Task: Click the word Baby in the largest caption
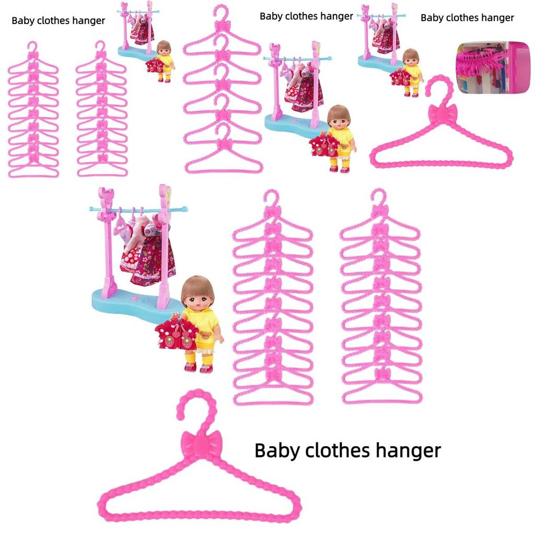pyautogui.click(x=276, y=450)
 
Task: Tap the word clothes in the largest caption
pyautogui.click(x=337, y=450)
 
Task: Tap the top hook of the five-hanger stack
pyautogui.click(x=222, y=13)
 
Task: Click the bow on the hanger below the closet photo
pyautogui.click(x=443, y=113)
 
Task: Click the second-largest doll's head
pyautogui.click(x=339, y=118)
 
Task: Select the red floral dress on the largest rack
pyautogui.click(x=154, y=259)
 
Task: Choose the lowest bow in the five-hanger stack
pyautogui.click(x=224, y=143)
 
